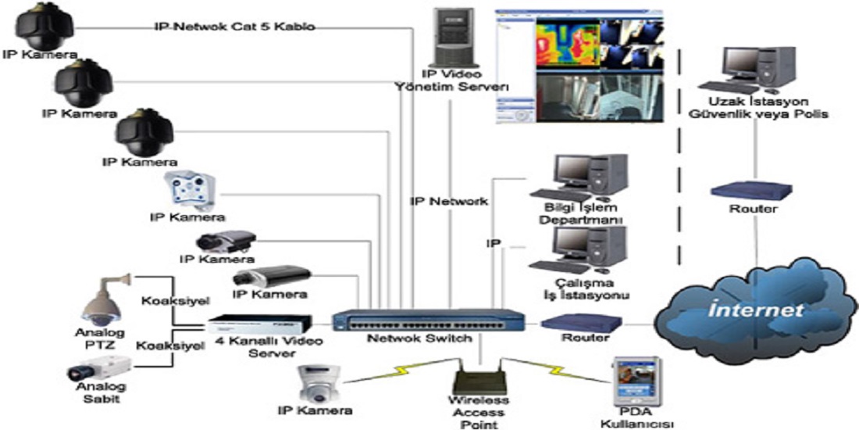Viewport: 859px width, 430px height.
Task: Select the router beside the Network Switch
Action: (x=581, y=321)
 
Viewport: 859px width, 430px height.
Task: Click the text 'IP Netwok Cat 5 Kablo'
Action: (x=234, y=27)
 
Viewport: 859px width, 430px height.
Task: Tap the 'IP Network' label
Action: (x=449, y=202)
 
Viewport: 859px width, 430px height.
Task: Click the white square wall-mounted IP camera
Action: (x=188, y=190)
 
